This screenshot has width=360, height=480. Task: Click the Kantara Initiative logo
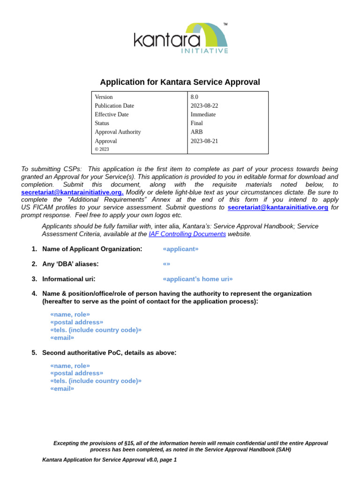181,38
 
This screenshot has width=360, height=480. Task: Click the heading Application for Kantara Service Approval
180,82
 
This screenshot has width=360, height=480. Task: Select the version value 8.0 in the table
194,97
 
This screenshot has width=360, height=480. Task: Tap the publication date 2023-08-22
204,106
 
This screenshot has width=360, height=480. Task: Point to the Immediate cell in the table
203,114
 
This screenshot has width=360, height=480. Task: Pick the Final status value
196,123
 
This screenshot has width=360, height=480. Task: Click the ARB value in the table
196,132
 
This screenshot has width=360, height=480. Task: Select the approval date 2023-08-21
204,141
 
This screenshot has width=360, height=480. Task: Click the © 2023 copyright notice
102,150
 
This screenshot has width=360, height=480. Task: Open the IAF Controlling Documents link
187,234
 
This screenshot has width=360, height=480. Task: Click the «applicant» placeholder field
180,249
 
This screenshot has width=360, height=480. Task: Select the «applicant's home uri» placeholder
197,279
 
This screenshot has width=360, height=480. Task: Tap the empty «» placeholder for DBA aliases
166,264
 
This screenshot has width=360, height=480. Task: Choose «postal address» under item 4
76,322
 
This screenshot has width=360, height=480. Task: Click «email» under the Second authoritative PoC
62,388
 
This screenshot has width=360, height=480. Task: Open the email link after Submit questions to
277,207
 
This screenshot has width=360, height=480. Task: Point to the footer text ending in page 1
109,460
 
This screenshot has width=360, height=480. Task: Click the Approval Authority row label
118,132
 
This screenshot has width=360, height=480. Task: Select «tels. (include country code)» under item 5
96,381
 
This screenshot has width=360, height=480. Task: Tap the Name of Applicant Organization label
92,249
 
